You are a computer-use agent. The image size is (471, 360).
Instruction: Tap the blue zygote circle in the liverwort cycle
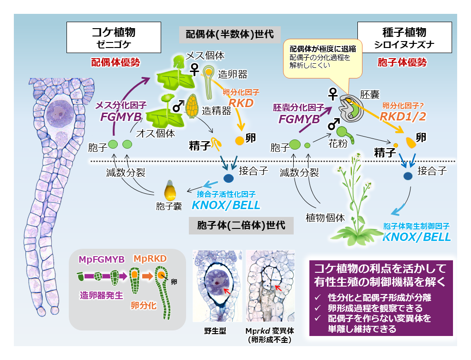pos(229,178)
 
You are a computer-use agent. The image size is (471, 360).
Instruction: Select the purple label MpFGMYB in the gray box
pos(101,260)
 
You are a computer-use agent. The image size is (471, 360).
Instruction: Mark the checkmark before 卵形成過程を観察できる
pos(317,307)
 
